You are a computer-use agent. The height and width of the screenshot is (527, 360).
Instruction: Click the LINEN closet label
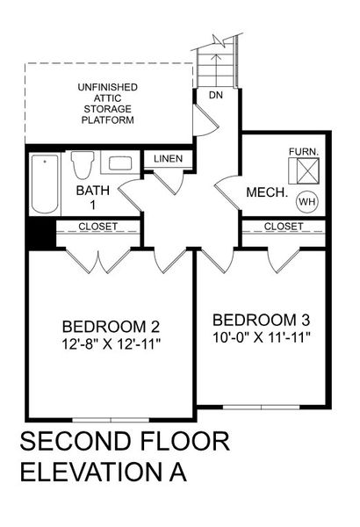(x=167, y=159)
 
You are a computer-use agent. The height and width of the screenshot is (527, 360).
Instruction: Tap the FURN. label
(x=304, y=151)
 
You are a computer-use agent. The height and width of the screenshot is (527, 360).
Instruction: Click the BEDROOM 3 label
(x=262, y=318)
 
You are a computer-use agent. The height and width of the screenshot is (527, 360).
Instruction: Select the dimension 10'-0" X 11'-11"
(x=262, y=336)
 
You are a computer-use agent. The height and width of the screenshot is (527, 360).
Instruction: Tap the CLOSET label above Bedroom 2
(x=97, y=227)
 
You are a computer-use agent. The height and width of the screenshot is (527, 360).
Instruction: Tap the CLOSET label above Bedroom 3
(x=283, y=227)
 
